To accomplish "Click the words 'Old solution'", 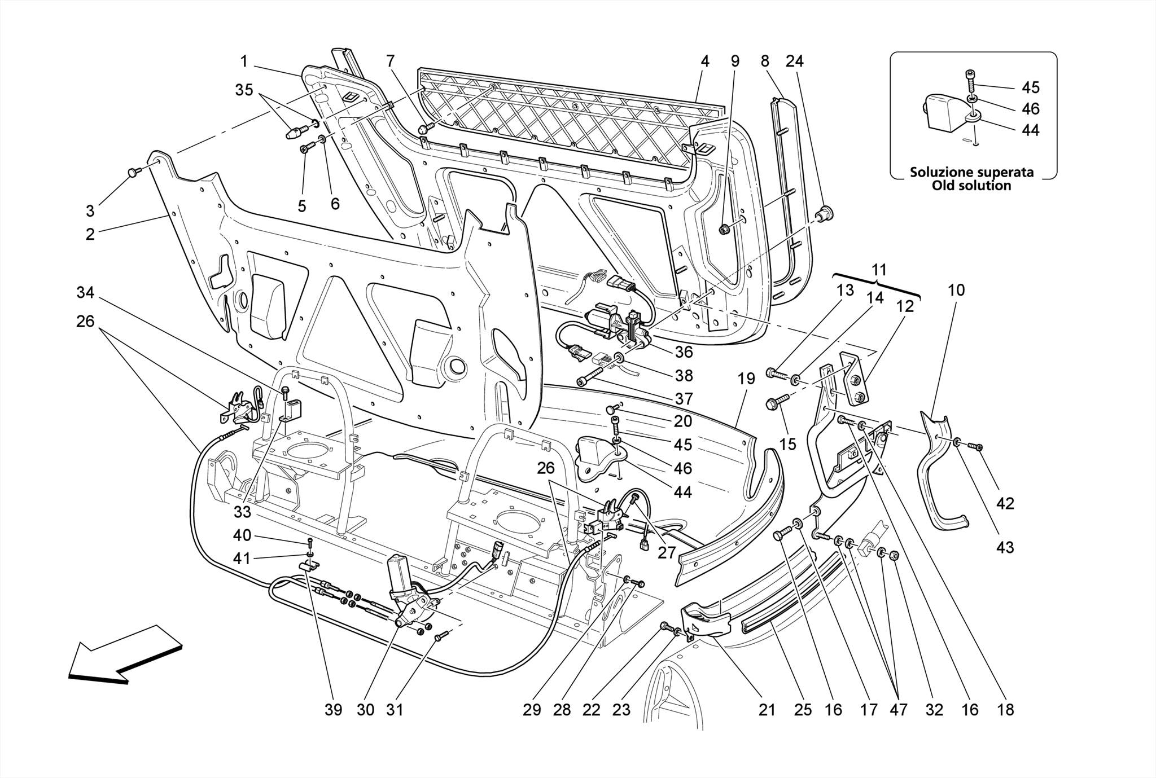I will pyautogui.click(x=971, y=186).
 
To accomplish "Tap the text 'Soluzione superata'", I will pyautogui.click(x=971, y=172).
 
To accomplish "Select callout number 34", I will pyautogui.click(x=86, y=292).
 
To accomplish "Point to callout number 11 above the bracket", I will pyautogui.click(x=879, y=269).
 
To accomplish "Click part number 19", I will pyautogui.click(x=746, y=379).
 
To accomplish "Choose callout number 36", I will pyautogui.click(x=684, y=352).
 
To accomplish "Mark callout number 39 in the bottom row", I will pyautogui.click(x=334, y=710).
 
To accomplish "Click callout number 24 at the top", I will pyautogui.click(x=795, y=61).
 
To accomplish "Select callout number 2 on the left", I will pyautogui.click(x=90, y=234).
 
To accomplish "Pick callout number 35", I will pyautogui.click(x=244, y=90).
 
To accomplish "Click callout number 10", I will pyautogui.click(x=956, y=290).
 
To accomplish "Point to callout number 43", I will pyautogui.click(x=1005, y=547).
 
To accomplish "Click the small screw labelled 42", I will pyautogui.click(x=976, y=447).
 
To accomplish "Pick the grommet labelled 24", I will pyautogui.click(x=826, y=214).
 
